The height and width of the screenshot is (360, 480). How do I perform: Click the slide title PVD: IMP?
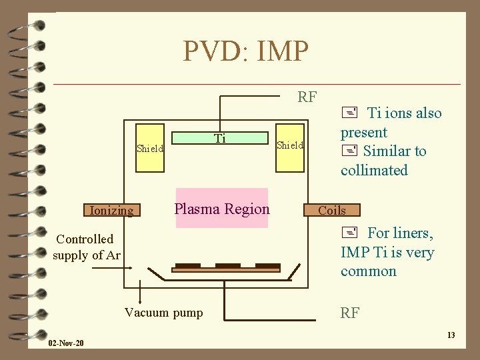coord(246,50)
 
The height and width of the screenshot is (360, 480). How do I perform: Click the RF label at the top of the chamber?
coord(307,97)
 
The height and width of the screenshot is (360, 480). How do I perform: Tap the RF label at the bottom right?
coord(350,313)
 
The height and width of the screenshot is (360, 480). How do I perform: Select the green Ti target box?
coord(220,138)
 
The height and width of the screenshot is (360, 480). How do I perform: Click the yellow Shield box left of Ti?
coord(150,148)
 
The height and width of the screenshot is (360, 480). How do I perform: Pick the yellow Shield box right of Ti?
coord(290,145)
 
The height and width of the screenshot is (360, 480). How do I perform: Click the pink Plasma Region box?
coord(221,209)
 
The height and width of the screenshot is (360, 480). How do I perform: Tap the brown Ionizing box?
coord(111,211)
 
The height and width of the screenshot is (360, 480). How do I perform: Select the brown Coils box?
coord(332,210)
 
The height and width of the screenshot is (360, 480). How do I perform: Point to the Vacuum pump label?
coord(164,313)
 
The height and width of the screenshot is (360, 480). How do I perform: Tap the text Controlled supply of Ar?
coord(87,247)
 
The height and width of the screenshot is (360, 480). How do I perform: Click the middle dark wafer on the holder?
coord(227,265)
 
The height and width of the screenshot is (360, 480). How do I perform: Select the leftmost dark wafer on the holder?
coord(188,265)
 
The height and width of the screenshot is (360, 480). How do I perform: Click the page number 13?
coord(451,335)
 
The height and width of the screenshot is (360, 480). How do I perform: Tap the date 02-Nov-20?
coord(66,343)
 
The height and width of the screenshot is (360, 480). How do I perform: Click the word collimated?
coord(374,171)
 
